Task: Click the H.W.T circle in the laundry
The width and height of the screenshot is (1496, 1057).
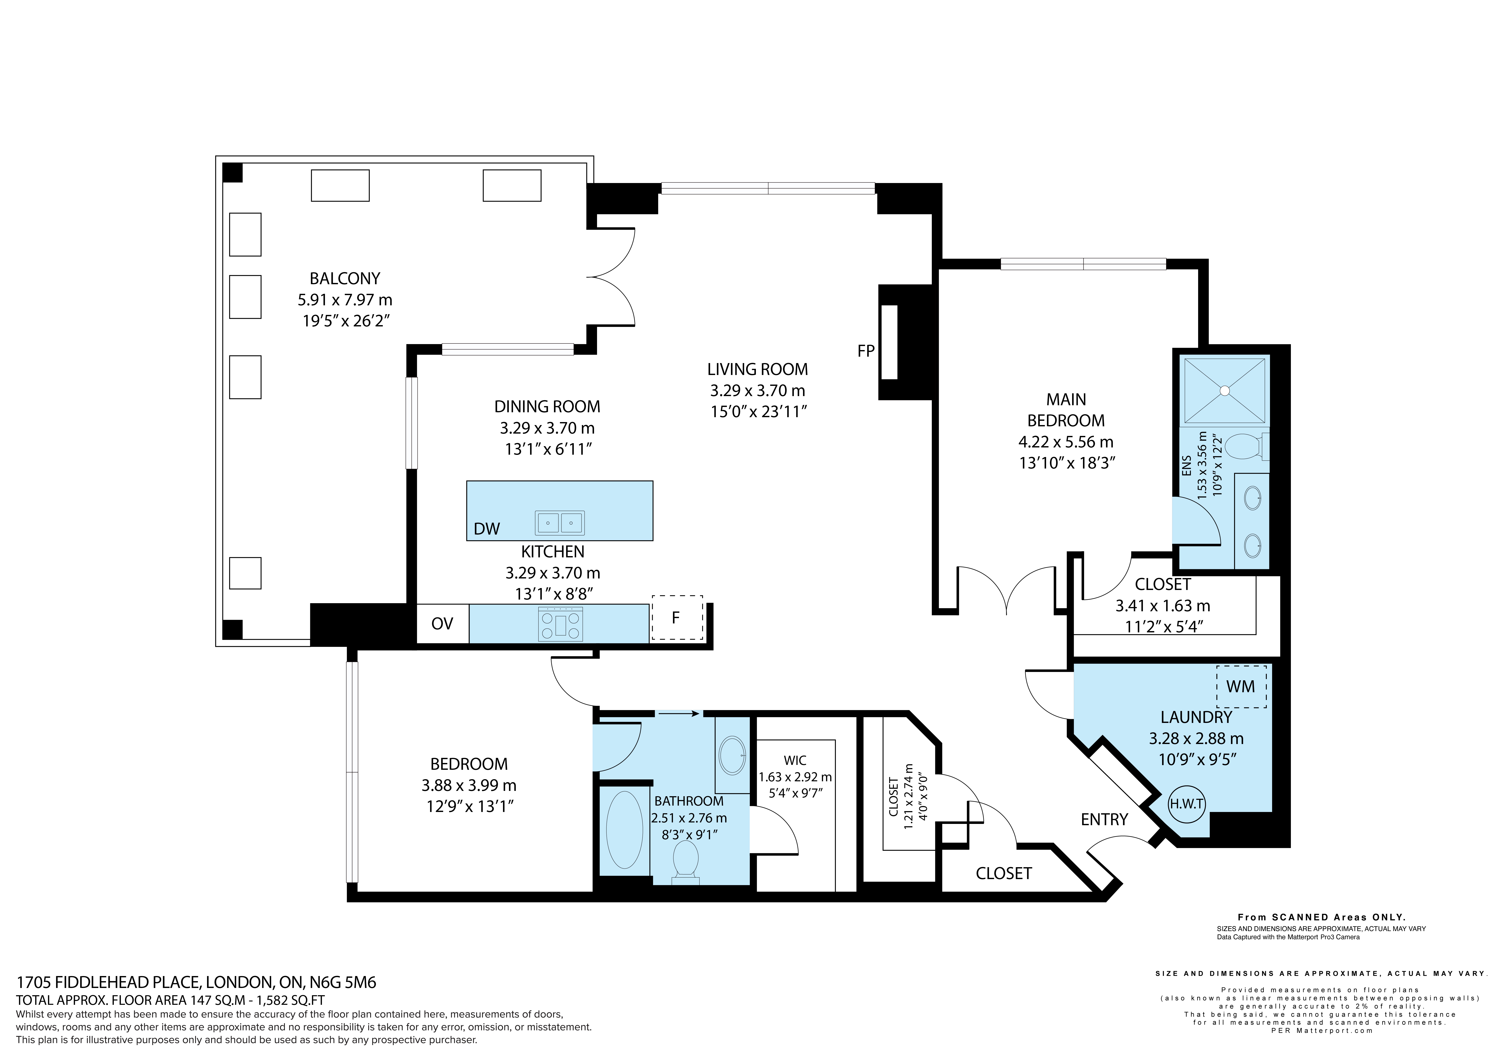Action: [1187, 804]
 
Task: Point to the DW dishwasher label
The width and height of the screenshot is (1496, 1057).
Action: [487, 529]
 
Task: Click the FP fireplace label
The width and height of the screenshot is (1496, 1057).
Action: [866, 351]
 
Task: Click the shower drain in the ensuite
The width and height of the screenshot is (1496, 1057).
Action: [1225, 391]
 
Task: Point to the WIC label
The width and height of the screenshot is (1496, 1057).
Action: [795, 760]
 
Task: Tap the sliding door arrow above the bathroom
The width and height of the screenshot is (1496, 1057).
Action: [678, 714]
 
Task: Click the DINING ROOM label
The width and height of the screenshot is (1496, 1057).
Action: [547, 407]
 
